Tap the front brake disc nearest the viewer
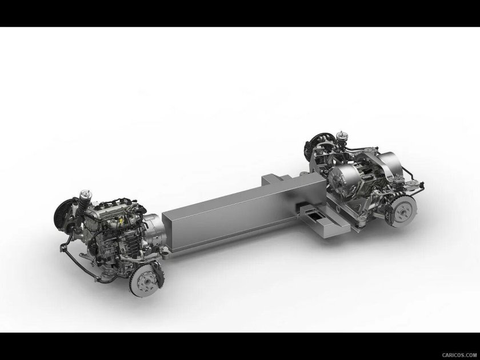(145, 281)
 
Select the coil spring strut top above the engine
(85, 196)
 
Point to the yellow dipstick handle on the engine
(121, 221)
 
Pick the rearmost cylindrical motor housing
(390, 164)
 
